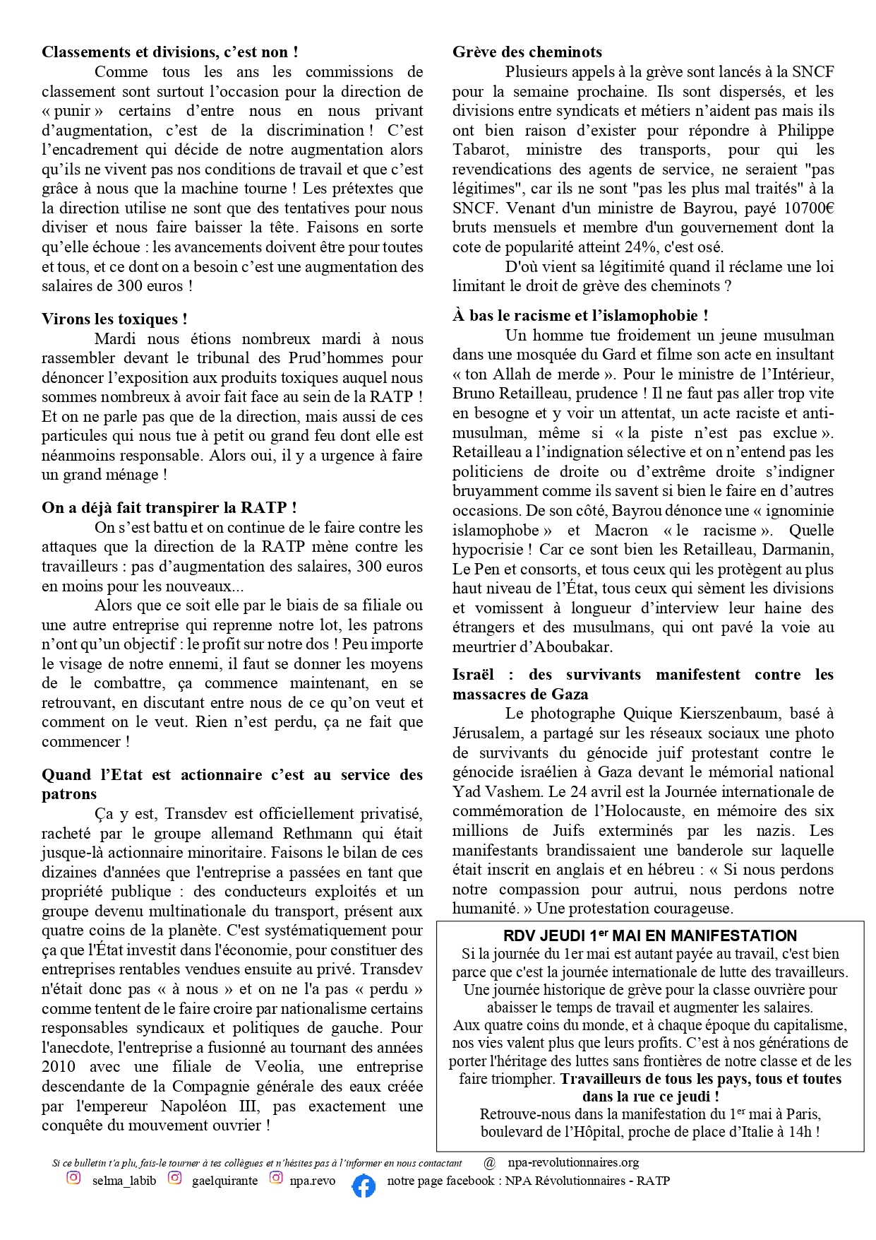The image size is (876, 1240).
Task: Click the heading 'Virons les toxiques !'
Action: (x=114, y=319)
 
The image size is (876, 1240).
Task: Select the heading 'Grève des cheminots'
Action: (x=527, y=52)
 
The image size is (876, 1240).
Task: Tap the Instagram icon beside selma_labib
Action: (x=73, y=1178)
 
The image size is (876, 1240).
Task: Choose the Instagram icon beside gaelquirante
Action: (x=175, y=1178)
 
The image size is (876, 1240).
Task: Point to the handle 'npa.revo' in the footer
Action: (x=313, y=1181)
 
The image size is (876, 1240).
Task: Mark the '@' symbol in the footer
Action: (x=490, y=1162)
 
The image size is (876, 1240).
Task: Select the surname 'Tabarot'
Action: (x=482, y=150)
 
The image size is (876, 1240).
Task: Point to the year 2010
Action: (x=59, y=1067)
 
